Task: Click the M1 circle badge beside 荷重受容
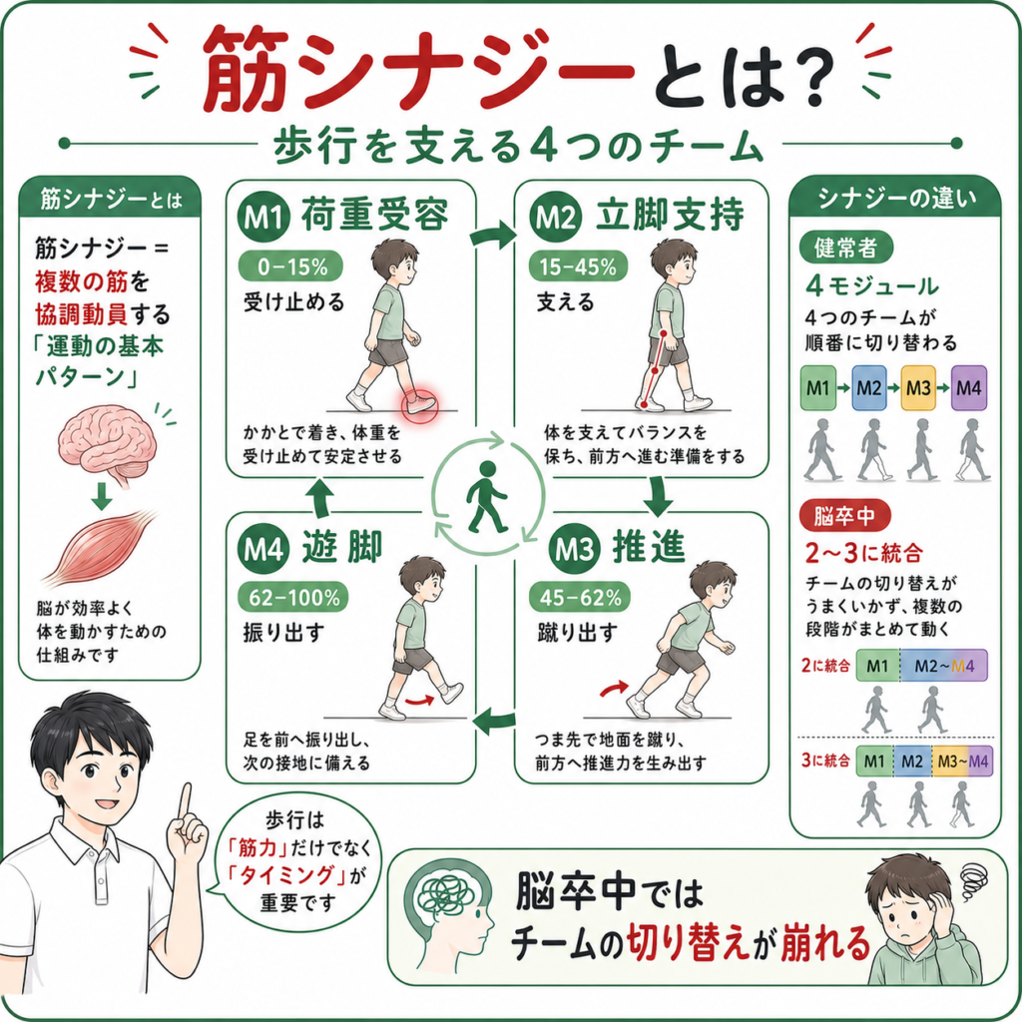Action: pos(263,216)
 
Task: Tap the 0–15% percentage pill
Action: pos(290,265)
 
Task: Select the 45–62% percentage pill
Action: pos(580,597)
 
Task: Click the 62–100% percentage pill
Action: pos(293,597)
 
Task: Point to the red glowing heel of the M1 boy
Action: pos(419,401)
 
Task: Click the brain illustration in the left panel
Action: pos(108,444)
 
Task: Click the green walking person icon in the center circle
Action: pos(486,497)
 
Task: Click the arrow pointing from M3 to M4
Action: pos(494,721)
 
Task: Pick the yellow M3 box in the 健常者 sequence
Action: pos(918,388)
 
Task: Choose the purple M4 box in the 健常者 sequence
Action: pos(968,388)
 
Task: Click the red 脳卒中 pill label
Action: pos(844,516)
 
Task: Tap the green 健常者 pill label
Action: pos(845,248)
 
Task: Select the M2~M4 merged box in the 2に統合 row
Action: pos(944,666)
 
